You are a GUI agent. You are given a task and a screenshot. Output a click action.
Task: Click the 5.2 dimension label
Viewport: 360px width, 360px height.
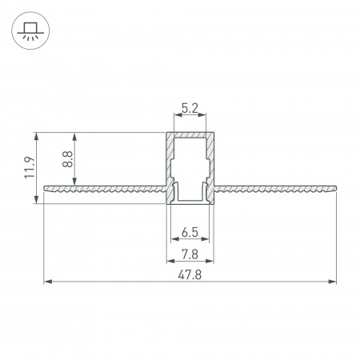[x=190, y=106]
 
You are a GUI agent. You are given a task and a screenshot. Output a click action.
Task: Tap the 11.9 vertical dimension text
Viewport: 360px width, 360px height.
[x=29, y=168]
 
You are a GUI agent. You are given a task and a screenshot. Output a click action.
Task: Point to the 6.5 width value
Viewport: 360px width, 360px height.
[x=190, y=233]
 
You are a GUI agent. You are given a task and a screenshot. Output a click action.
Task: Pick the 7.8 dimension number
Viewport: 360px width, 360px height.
[x=190, y=254]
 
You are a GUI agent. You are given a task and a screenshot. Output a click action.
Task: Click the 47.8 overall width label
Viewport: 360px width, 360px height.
[x=190, y=274]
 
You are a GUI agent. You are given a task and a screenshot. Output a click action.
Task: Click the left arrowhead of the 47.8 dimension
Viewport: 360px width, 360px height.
[x=46, y=282]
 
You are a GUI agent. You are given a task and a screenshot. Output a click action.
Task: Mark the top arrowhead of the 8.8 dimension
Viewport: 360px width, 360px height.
[x=75, y=135]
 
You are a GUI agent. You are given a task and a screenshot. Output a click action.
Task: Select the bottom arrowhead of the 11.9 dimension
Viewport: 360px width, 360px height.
[x=37, y=200]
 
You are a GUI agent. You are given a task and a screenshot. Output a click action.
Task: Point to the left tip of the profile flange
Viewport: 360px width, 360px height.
[x=45, y=189]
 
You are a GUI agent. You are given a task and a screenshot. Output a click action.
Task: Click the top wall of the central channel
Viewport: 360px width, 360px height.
[x=190, y=134]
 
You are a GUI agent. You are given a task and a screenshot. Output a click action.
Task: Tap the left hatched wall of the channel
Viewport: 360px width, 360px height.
[x=169, y=160]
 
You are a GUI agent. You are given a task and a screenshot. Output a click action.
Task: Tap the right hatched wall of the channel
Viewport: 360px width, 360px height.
[x=210, y=160]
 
